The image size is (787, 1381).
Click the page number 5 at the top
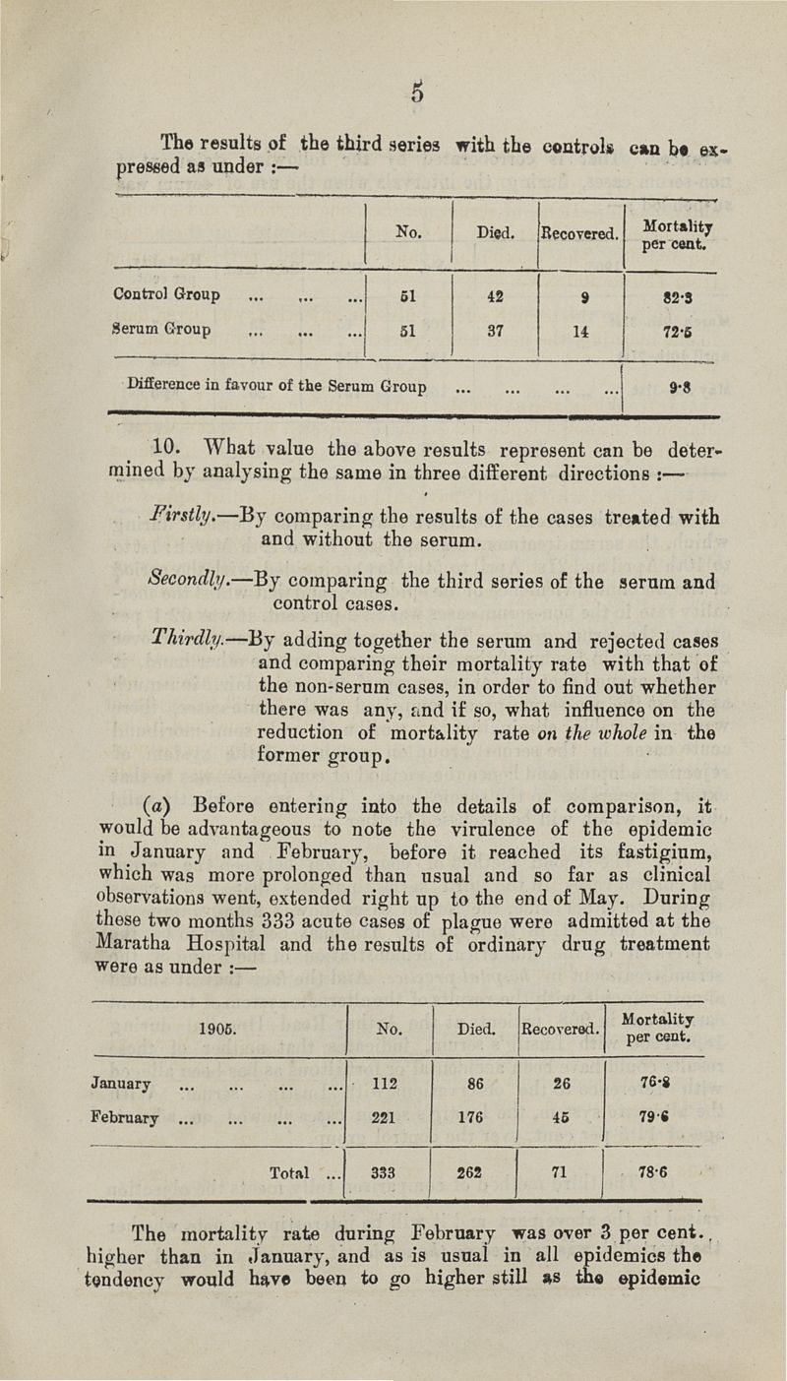coord(417,94)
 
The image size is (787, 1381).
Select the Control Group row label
coord(167,294)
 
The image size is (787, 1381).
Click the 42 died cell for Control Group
coord(495,294)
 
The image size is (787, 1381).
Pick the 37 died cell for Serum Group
coord(495,331)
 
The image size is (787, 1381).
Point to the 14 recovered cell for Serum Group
coord(583,331)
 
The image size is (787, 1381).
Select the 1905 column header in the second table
coord(215,1030)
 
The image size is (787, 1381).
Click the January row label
coord(121,1084)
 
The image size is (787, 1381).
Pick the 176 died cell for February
coord(475,1118)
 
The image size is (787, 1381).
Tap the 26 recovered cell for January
coord(561,1084)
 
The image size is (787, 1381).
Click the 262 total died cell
coord(475,1172)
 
